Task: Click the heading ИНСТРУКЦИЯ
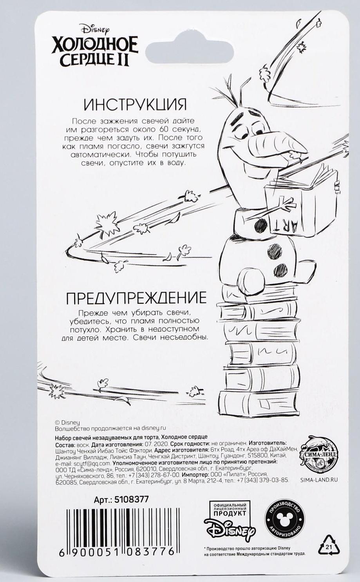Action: (135, 105)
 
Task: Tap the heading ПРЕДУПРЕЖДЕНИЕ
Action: (136, 298)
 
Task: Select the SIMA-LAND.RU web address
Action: (318, 479)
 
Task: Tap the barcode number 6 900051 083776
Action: (117, 552)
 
